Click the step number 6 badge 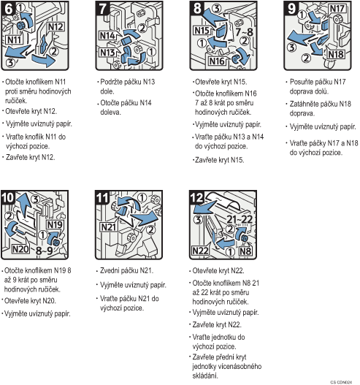click(8, 9)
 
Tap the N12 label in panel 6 click(55, 26)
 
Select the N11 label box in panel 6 click(14, 39)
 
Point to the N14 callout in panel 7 click(107, 36)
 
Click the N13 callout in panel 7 click(107, 53)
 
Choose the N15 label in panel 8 click(202, 31)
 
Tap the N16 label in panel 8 click(217, 61)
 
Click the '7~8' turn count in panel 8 click(244, 32)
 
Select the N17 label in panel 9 click(337, 9)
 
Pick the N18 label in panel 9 click(336, 54)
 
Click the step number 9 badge click(291, 9)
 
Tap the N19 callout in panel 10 click(55, 225)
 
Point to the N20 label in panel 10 click(20, 249)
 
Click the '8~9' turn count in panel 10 click(44, 251)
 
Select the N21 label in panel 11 click(108, 227)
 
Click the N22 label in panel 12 click(200, 251)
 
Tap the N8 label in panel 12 click(245, 251)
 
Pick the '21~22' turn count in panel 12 click(240, 219)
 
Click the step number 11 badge click(102, 198)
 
